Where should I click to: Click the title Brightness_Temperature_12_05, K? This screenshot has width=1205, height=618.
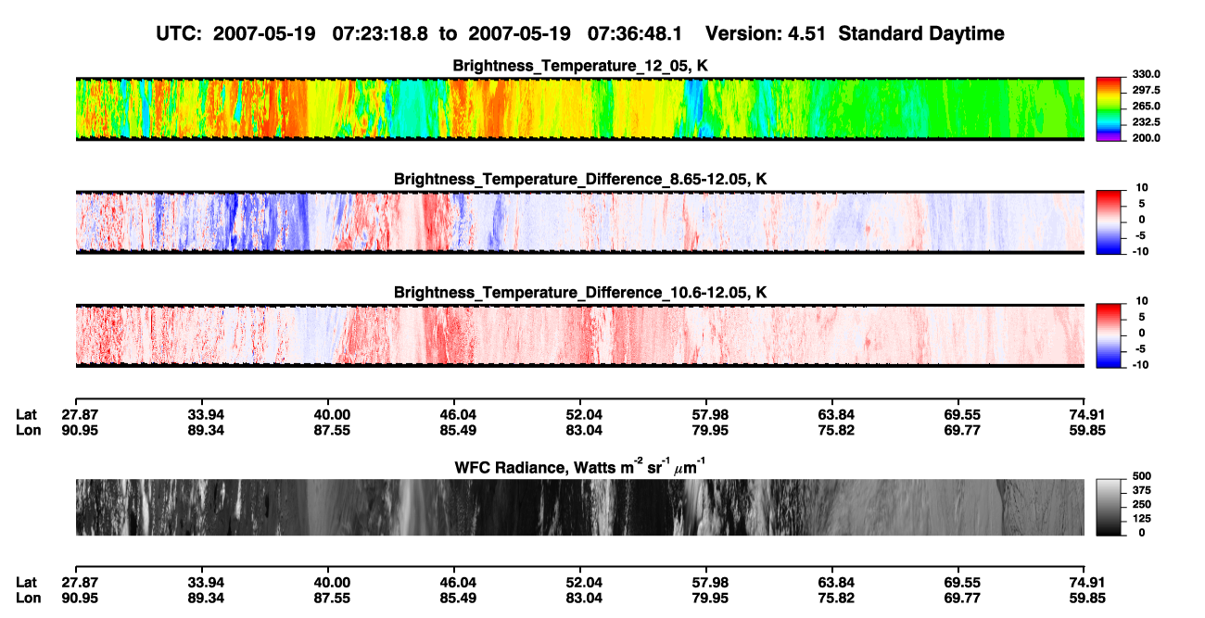click(580, 66)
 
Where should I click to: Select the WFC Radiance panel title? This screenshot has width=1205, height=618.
click(580, 466)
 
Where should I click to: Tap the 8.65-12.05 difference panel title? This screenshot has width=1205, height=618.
click(580, 179)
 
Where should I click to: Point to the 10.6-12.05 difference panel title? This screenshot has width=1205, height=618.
click(580, 293)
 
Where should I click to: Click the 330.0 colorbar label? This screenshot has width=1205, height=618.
click(1146, 74)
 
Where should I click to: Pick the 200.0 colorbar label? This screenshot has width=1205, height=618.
click(1146, 138)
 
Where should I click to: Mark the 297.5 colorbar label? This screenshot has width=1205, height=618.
click(1146, 90)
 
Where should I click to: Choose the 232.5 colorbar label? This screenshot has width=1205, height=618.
click(1146, 122)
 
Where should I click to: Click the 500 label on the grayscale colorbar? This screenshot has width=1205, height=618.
click(1142, 476)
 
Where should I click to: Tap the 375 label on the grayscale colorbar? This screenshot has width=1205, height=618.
click(1142, 490)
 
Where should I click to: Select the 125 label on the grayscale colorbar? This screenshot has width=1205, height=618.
click(1142, 519)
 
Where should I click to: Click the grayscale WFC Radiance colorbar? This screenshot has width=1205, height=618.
click(1109, 507)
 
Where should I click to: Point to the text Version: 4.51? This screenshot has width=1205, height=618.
click(765, 33)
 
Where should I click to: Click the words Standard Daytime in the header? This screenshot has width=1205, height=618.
click(921, 33)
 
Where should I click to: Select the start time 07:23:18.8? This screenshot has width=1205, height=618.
click(380, 33)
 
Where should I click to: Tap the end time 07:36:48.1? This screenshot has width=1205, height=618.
click(635, 33)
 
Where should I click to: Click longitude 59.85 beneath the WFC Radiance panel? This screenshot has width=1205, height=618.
click(1087, 599)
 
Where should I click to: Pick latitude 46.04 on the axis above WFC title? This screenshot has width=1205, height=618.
click(458, 415)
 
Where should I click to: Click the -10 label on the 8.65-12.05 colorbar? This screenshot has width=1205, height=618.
click(1140, 251)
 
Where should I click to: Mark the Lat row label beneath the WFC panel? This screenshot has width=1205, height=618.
click(26, 583)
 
